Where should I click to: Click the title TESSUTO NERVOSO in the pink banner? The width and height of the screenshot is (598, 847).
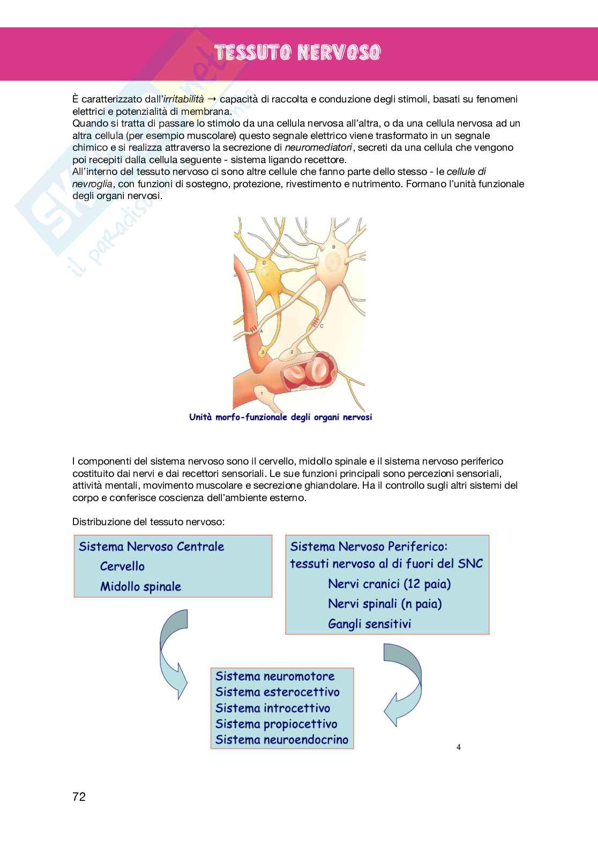tap(297, 53)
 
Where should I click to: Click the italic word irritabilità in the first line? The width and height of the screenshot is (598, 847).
tap(183, 99)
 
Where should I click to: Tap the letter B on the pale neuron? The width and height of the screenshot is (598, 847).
tap(334, 247)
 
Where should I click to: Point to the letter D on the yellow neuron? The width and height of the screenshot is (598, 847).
tap(264, 263)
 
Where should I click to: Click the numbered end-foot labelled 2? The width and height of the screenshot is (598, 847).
tap(291, 352)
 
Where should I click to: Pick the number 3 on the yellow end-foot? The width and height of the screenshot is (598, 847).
tap(263, 352)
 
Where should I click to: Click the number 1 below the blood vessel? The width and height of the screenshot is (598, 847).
tap(261, 394)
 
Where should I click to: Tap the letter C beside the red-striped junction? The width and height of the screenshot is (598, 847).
tap(322, 326)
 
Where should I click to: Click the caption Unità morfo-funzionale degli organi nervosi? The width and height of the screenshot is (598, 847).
tap(280, 417)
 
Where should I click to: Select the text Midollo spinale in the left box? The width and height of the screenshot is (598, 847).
tap(140, 586)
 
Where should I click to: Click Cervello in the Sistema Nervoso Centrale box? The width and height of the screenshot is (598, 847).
tap(122, 566)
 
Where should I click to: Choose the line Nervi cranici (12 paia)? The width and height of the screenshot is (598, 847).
tap(389, 584)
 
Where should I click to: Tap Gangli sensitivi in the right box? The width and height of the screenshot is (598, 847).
tap(369, 624)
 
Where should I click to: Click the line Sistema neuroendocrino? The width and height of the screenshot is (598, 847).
tap(282, 740)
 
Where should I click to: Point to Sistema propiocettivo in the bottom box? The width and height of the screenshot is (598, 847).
tap(276, 724)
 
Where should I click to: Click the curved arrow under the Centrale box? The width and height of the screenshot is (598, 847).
tap(173, 654)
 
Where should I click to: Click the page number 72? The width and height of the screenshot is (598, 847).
tap(79, 797)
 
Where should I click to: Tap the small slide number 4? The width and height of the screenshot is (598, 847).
tap(458, 747)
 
